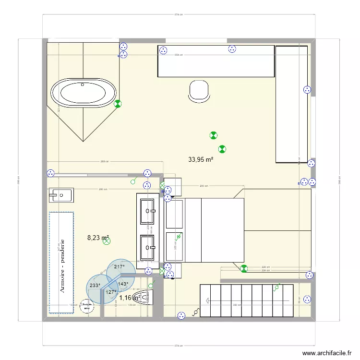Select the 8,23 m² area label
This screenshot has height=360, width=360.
point(98,237)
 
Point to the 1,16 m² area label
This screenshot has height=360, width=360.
point(129,298)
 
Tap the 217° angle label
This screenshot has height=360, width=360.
point(119,267)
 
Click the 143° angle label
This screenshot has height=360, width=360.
point(123,284)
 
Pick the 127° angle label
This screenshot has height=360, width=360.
point(111,292)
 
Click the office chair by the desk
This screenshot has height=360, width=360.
point(199,91)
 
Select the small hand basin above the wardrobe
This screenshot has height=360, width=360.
point(60,195)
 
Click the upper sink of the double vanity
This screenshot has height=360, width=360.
point(147,210)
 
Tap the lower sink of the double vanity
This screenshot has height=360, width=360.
point(147,248)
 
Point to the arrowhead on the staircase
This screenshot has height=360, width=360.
point(207,300)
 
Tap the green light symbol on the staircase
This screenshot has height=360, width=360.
point(277,287)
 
